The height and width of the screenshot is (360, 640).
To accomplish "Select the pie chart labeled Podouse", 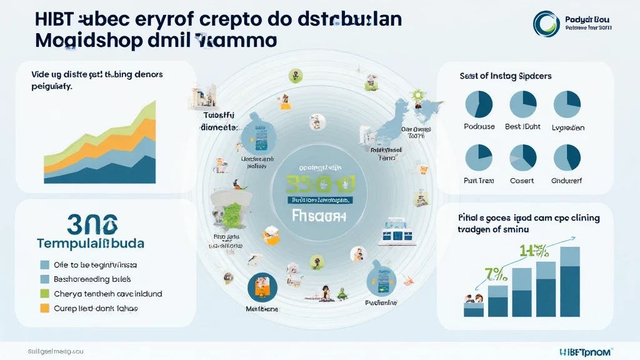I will coord(479,104).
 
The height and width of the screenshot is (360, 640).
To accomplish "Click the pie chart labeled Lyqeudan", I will coord(567,104).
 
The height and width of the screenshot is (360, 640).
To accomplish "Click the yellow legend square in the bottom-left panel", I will coord(44,308).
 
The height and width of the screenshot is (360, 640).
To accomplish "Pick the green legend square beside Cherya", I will coord(44,293).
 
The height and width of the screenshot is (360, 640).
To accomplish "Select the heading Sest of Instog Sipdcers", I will coord(505,76).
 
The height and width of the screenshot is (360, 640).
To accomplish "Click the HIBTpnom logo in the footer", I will coord(578,351).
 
